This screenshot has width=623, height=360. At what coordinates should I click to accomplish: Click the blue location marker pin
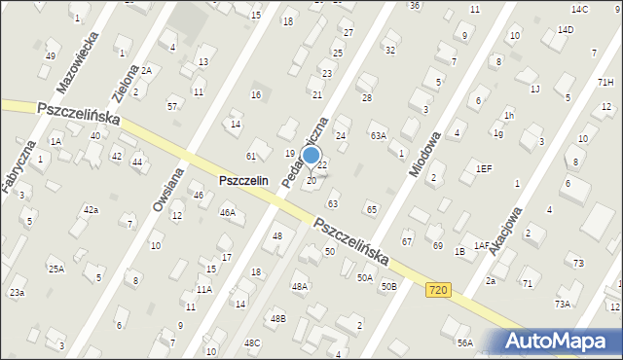click(x=311, y=156)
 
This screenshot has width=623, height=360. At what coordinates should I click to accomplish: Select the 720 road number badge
click(x=437, y=289)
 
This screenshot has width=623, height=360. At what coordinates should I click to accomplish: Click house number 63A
click(x=378, y=136)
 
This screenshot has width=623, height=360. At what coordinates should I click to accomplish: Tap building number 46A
click(x=228, y=212)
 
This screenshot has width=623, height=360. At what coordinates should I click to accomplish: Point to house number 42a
click(x=91, y=209)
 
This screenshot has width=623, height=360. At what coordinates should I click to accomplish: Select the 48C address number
click(x=252, y=342)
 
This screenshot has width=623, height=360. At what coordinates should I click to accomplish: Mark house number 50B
click(x=388, y=286)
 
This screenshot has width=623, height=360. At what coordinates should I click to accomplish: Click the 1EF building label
click(x=484, y=168)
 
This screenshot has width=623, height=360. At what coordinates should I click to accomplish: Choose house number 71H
click(x=605, y=83)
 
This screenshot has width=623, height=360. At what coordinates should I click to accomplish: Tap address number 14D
click(x=565, y=29)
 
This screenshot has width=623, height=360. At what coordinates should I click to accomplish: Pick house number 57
click(x=172, y=105)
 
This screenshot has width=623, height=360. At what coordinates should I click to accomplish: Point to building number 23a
click(x=17, y=292)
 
